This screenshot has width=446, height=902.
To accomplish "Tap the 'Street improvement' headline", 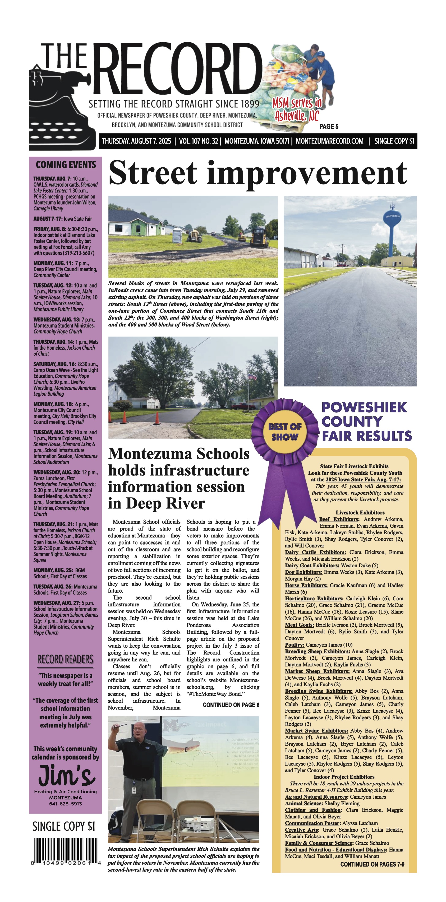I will [x=258, y=173].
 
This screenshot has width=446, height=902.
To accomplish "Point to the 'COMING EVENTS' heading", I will [x=66, y=165].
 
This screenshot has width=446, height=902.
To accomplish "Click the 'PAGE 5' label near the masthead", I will [x=329, y=126].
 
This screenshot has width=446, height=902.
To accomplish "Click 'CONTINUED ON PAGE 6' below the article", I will [x=231, y=705].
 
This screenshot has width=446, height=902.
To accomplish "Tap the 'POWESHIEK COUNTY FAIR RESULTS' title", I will [x=366, y=422].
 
